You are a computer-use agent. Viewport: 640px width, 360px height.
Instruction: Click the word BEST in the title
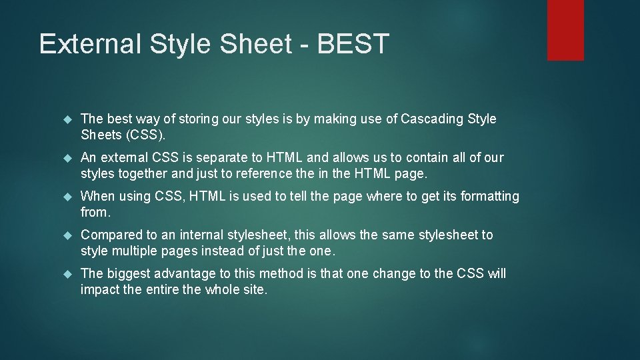(353, 44)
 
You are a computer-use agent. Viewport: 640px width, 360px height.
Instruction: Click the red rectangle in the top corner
(565, 30)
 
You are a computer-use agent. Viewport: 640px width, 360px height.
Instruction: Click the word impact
(99, 289)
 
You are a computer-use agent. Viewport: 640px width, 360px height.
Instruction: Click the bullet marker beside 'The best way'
(67, 119)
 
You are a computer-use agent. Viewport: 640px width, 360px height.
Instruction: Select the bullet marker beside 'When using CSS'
(67, 197)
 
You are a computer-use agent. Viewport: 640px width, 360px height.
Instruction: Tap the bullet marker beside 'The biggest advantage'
(67, 274)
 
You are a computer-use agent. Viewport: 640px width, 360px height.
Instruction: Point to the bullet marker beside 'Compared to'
(67, 235)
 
